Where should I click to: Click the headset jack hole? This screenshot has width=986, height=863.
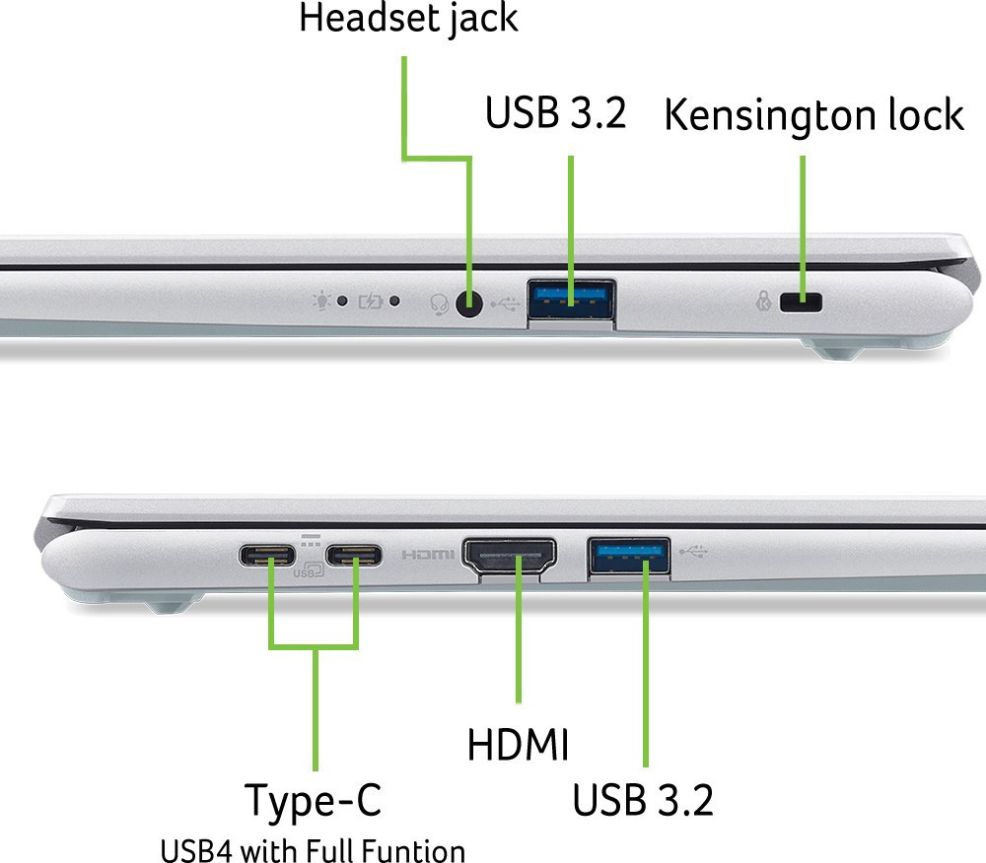click(x=468, y=304)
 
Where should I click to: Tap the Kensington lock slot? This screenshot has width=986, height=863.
click(x=801, y=302)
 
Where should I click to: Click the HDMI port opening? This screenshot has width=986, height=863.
click(x=510, y=556)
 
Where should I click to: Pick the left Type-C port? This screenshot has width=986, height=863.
click(x=266, y=556)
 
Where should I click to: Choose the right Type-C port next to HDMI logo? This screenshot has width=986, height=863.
click(x=353, y=556)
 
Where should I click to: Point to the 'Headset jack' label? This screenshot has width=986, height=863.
click(x=408, y=18)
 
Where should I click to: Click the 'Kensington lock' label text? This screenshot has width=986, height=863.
click(x=813, y=115)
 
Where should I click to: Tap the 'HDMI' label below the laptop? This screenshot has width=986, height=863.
click(x=518, y=745)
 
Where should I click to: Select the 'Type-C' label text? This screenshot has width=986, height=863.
click(x=313, y=801)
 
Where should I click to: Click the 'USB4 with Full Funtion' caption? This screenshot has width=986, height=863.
click(x=313, y=851)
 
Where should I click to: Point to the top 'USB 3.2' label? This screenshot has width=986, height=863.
click(x=556, y=113)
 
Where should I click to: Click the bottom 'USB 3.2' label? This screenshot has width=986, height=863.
click(x=643, y=800)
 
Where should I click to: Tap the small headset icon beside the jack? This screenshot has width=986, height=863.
click(x=439, y=304)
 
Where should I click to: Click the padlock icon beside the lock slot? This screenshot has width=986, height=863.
click(x=763, y=300)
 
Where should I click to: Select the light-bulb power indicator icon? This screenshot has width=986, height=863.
click(x=321, y=300)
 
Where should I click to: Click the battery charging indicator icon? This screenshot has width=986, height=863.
click(x=371, y=302)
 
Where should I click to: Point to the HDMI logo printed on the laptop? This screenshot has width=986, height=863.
click(x=428, y=555)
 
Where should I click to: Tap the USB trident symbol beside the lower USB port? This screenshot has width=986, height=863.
click(x=693, y=552)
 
